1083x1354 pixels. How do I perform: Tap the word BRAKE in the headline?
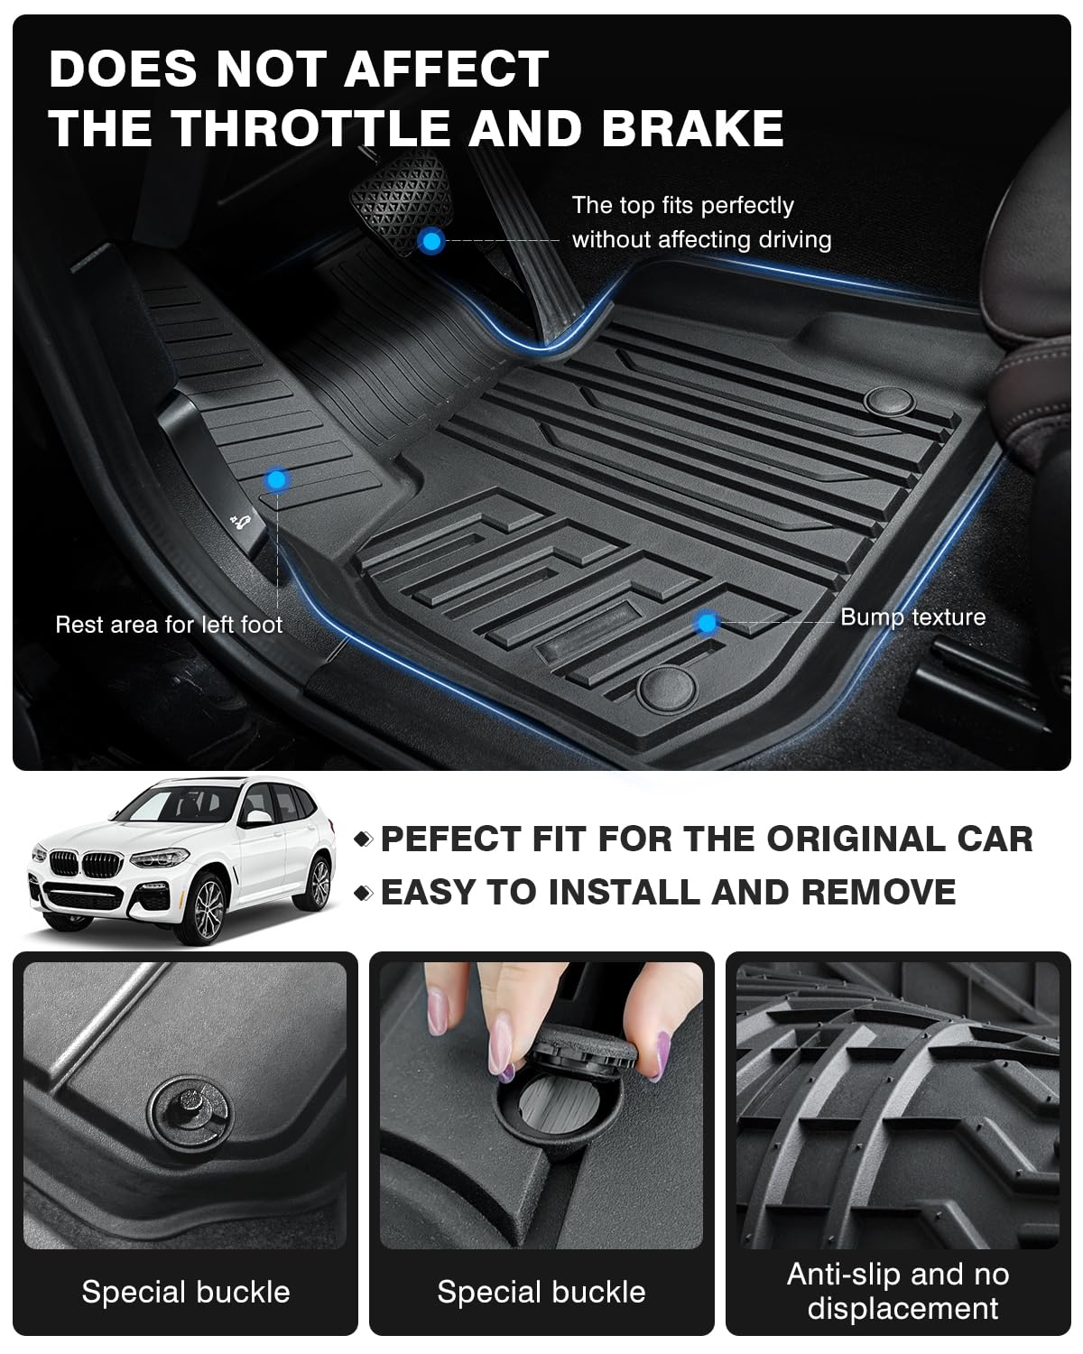[692, 126]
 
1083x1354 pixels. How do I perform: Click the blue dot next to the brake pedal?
[431, 240]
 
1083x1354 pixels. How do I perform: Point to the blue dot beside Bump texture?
[707, 622]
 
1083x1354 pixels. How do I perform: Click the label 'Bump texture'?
[912, 617]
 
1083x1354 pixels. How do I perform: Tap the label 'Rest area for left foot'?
[169, 625]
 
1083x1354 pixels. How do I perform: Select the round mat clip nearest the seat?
[889, 401]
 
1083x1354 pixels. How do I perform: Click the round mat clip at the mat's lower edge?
[667, 689]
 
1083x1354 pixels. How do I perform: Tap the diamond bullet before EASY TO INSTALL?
[363, 893]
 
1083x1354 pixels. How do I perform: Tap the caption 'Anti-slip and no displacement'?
[898, 1291]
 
